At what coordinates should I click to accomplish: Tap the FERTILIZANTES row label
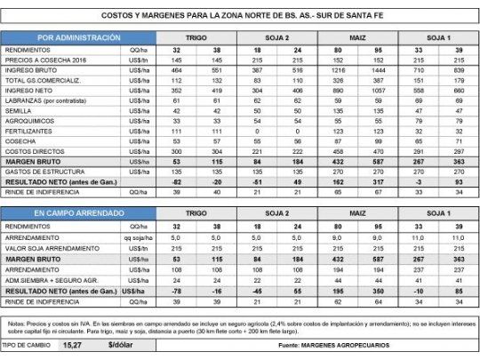coord(29,130)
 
